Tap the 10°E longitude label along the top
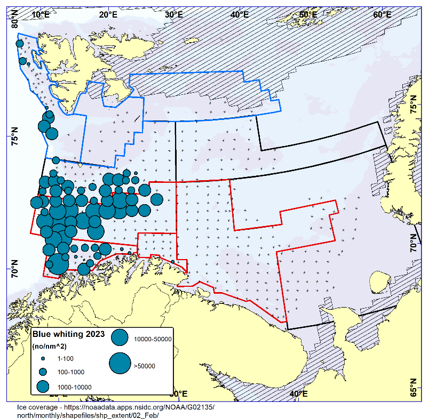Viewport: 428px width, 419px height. click(41, 14)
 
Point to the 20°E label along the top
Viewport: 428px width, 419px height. click(108, 14)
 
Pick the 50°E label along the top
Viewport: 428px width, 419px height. click(308, 14)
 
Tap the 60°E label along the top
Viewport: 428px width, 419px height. click(382, 14)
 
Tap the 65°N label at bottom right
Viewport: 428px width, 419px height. click(413, 387)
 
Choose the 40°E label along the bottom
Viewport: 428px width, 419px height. click(298, 394)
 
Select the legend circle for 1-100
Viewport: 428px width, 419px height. click(43, 359)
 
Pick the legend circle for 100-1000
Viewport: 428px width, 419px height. click(43, 372)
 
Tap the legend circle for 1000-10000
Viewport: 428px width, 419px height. click(43, 386)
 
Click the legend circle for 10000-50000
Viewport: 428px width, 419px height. click(120, 338)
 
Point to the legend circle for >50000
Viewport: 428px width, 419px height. click(120, 364)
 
